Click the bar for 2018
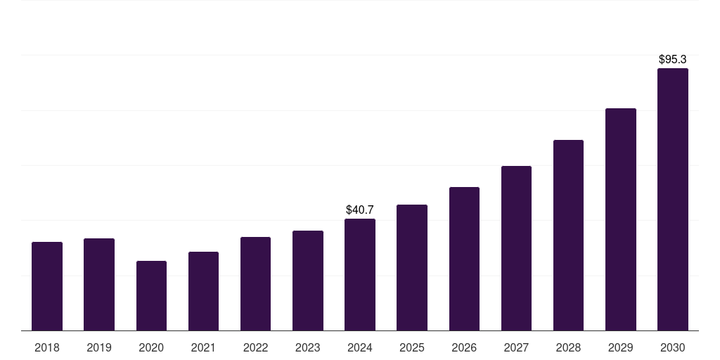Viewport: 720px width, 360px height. tap(47, 286)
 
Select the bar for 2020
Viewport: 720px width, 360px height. tap(151, 296)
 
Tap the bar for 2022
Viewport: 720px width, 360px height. tap(255, 284)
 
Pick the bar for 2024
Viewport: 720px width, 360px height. tap(360, 275)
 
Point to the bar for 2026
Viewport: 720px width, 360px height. tap(464, 259)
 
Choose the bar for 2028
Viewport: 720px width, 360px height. tap(568, 236)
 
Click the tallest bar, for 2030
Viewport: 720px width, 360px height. tap(673, 200)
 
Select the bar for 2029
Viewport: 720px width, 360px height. tap(621, 219)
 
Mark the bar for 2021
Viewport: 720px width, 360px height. tap(203, 291)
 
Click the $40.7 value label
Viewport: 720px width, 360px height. tap(360, 210)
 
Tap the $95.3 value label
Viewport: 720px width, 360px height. tap(673, 59)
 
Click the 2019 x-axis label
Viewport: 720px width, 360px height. tap(99, 347)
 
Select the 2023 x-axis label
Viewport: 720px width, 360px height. tap(308, 347)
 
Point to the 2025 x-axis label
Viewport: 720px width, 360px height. tap(412, 347)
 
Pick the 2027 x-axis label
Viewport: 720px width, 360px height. tap(516, 347)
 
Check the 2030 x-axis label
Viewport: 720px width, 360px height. tap(673, 347)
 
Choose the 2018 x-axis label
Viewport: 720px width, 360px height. tap(47, 347)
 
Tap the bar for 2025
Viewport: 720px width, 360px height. tap(412, 268)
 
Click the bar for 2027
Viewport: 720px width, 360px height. tap(516, 248)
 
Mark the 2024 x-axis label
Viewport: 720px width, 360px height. tap(360, 347)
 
